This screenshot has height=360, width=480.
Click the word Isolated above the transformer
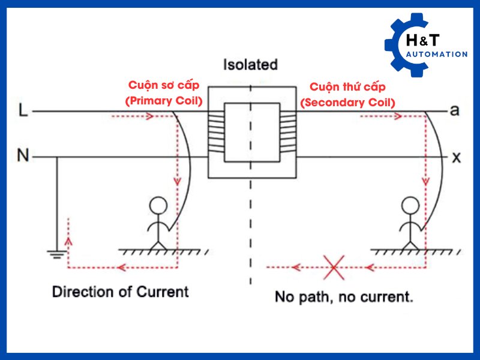point(250,64)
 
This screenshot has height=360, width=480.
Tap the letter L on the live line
point(23,110)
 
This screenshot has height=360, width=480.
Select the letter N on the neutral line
point(23,157)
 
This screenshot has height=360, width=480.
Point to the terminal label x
point(456,157)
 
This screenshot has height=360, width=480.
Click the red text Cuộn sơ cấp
point(164,86)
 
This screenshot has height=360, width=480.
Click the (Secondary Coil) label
point(349,102)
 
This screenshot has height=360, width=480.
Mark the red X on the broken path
point(333,267)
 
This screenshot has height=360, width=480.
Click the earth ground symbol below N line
point(56,254)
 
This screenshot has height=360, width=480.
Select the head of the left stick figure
point(158,206)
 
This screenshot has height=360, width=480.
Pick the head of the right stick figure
point(410,206)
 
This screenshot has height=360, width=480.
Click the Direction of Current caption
point(120,292)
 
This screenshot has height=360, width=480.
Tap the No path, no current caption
point(344,296)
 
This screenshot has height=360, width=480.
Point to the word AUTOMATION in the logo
point(436,55)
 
